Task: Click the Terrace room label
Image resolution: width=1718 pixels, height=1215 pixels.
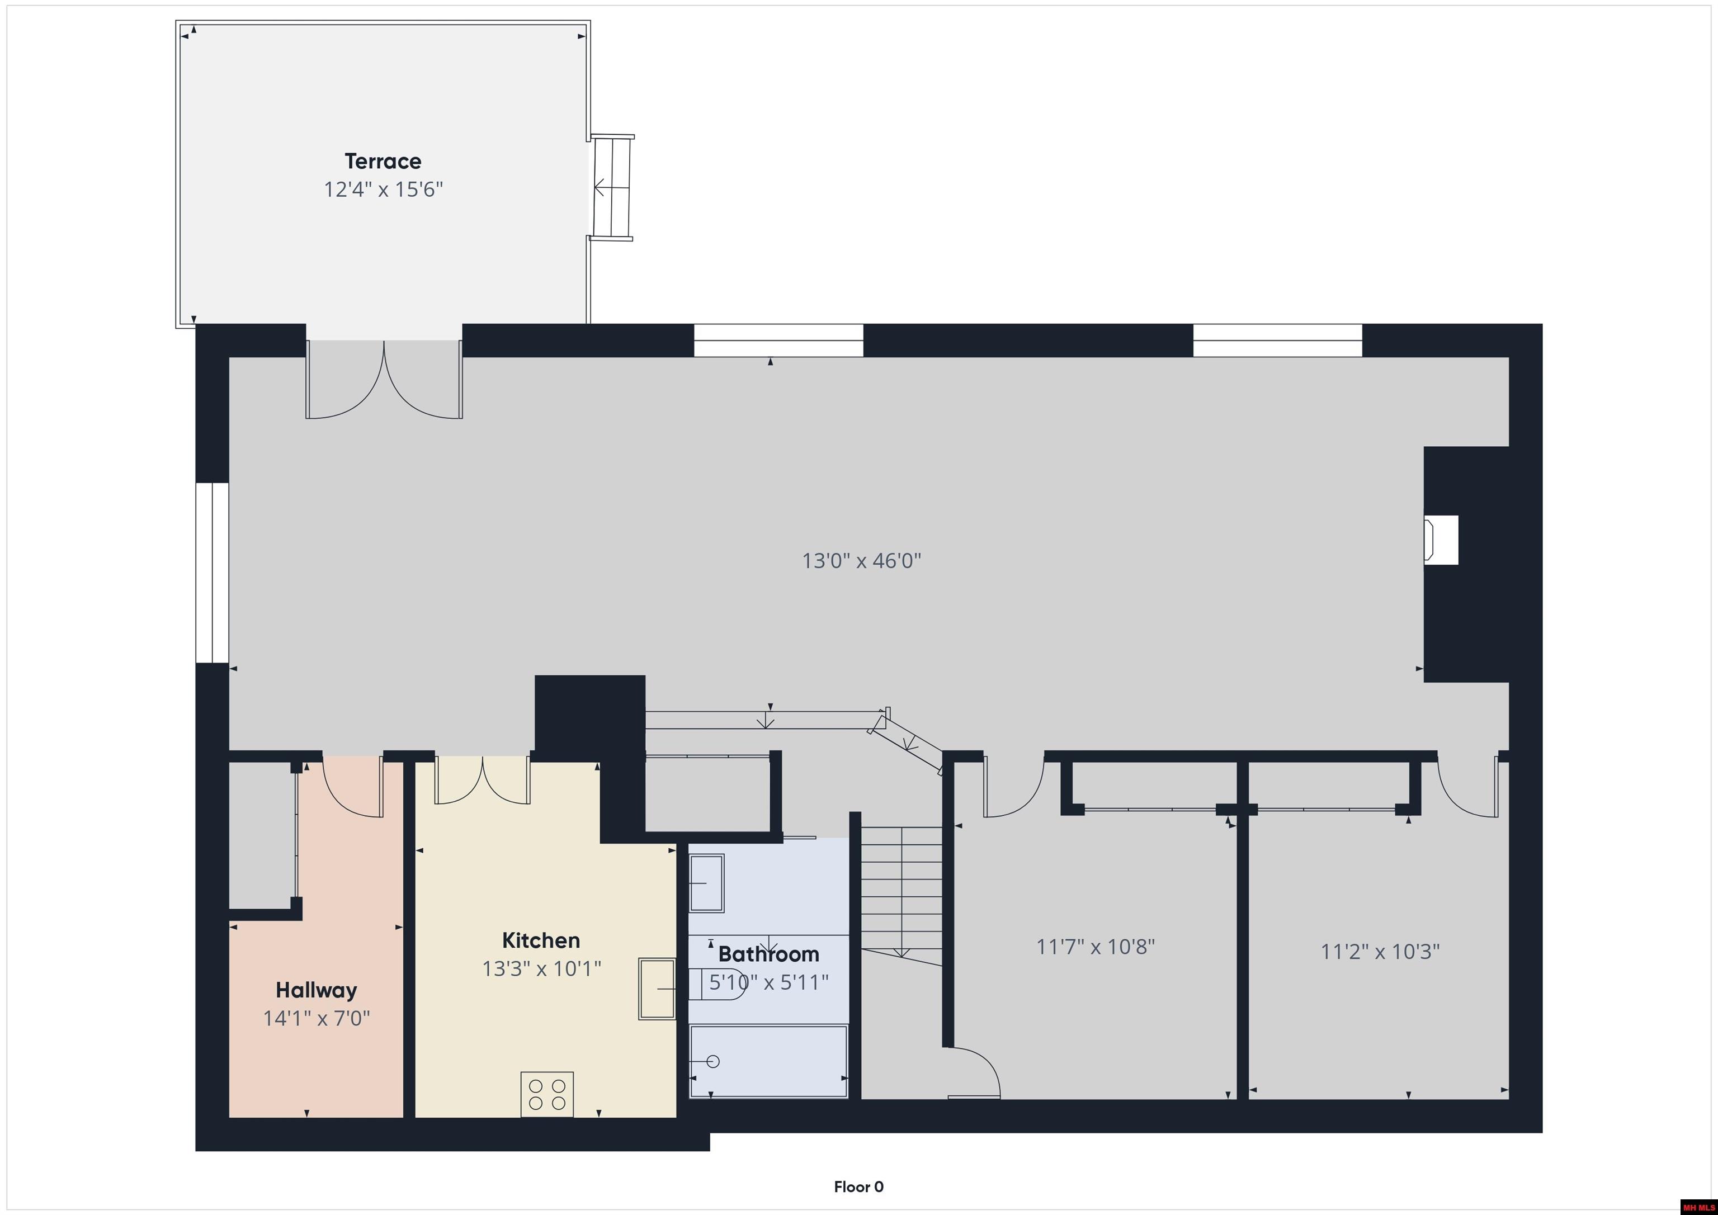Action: coord(383,161)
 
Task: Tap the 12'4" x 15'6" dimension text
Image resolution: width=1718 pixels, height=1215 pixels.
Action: coord(383,190)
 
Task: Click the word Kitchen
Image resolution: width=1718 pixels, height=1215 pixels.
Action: coord(540,940)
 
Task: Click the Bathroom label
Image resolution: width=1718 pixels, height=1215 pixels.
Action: coord(768,954)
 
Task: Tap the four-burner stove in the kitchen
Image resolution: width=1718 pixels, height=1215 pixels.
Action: coord(547,1095)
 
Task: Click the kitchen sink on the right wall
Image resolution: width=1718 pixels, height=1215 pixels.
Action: coord(657,989)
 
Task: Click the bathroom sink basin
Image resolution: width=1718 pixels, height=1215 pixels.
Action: coord(706,883)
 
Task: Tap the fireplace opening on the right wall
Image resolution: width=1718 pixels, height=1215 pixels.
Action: coord(1441,540)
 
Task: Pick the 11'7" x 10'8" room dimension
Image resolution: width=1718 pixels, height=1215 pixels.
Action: coord(1096,947)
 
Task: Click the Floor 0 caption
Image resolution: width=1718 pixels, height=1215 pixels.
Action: coord(858,1186)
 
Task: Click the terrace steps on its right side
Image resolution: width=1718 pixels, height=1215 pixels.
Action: coord(612,187)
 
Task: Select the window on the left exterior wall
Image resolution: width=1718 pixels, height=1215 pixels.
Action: coord(213,573)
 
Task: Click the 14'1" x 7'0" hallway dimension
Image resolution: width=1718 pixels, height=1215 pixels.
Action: coord(316,1018)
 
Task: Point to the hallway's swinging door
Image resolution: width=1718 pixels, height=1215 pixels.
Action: coord(352,787)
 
